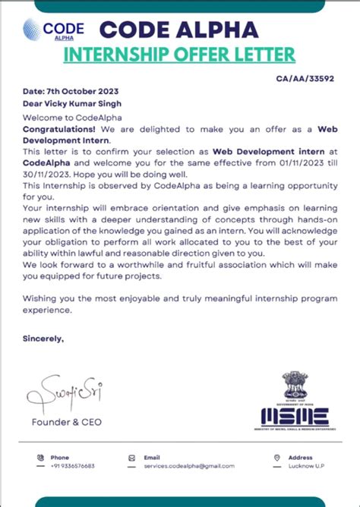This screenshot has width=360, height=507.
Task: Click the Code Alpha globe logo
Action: (33, 30)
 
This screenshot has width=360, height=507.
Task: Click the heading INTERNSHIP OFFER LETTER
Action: (180, 55)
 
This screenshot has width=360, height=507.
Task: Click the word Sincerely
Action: (43, 339)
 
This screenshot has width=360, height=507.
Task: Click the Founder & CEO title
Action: (66, 422)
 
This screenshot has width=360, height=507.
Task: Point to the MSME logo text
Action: (295, 417)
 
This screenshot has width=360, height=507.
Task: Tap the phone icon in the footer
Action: (40, 458)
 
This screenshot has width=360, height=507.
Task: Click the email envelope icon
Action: (133, 458)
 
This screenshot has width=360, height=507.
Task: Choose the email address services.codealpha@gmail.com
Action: (189, 466)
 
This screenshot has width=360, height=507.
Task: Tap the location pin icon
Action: (277, 458)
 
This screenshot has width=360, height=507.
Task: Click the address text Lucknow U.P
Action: (308, 466)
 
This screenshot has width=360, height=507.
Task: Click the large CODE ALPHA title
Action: (179, 29)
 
